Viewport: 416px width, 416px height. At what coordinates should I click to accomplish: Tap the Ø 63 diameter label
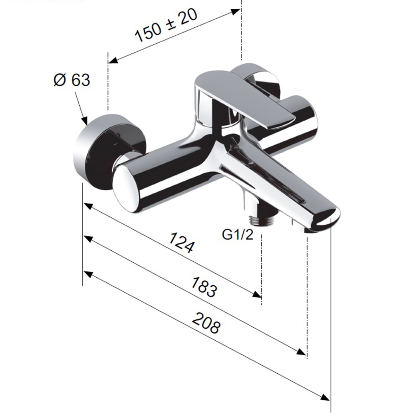pyautogui.click(x=71, y=80)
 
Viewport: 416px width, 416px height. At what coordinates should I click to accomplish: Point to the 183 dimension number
pyautogui.click(x=203, y=287)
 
